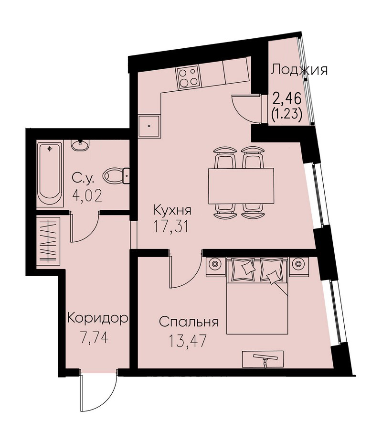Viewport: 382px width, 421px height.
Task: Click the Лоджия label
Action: (299, 70)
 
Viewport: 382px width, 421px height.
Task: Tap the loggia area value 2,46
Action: (287, 98)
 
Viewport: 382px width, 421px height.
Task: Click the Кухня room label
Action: (172, 210)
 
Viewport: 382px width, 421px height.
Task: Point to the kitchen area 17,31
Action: (171, 226)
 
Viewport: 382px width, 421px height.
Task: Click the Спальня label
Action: (188, 322)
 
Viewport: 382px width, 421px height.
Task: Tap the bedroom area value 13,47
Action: (188, 341)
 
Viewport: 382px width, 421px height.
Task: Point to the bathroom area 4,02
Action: (87, 195)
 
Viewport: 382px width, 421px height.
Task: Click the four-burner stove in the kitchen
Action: (188, 77)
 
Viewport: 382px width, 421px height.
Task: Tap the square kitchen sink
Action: (149, 126)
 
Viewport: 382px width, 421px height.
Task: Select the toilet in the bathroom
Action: (116, 176)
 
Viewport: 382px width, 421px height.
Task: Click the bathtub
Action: (50, 173)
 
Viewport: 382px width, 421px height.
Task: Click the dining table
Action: (241, 186)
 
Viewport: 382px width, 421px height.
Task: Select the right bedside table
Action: (298, 266)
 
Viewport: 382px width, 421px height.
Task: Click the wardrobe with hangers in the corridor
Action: (48, 241)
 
